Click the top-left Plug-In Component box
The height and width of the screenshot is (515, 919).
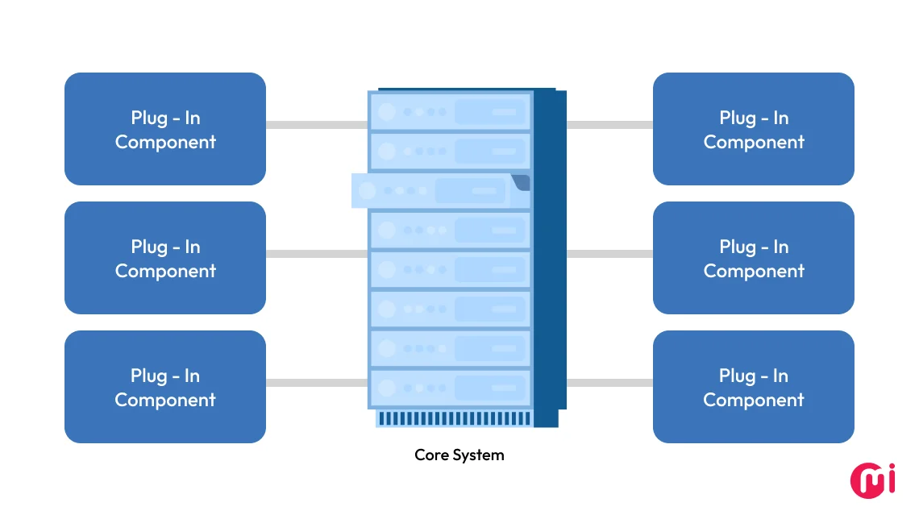tap(165, 129)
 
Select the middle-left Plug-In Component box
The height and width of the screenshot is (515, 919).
tap(165, 258)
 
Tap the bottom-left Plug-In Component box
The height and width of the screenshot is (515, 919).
tap(165, 387)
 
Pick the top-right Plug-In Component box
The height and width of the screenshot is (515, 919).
tap(754, 129)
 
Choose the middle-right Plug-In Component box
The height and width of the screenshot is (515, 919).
tap(754, 258)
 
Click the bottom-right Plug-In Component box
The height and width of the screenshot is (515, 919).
tap(754, 387)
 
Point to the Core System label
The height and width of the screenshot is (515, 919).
tap(459, 455)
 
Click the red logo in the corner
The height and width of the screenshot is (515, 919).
tap(873, 480)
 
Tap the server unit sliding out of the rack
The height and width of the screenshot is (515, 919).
tap(435, 191)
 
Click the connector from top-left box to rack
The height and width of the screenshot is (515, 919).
tap(317, 125)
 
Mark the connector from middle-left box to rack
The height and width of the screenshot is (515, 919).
tap(317, 254)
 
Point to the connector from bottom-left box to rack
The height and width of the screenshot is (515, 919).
tap(317, 383)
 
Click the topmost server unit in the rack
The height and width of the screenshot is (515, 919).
tap(450, 111)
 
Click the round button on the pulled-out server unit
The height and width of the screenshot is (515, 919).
tap(368, 191)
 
